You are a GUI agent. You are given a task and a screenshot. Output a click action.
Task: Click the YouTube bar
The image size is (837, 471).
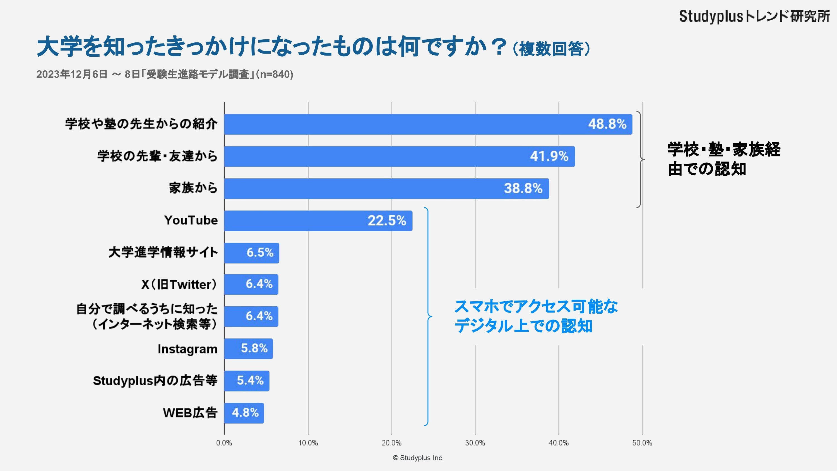point(318,221)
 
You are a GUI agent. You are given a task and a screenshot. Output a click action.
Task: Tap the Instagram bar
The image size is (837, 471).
point(249,349)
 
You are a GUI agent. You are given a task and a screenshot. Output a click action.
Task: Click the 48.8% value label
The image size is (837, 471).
point(607,124)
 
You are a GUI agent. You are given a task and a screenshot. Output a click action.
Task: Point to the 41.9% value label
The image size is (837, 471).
point(549,156)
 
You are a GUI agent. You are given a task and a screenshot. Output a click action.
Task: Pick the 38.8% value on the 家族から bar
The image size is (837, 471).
point(523,189)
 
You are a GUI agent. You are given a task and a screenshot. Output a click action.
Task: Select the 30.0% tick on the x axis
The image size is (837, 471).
point(475,443)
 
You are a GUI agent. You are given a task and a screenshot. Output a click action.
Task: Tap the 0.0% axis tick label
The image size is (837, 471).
point(224,443)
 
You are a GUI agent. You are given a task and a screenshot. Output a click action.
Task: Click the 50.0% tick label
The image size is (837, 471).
point(642,443)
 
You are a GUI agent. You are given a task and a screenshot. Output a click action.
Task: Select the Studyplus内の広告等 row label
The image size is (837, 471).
point(155,381)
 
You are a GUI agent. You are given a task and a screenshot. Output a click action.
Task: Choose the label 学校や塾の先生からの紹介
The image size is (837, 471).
point(141,124)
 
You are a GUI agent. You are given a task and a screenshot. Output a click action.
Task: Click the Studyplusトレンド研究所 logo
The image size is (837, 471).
point(754,16)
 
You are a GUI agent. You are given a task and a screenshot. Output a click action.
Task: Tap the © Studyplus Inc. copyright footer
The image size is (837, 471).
point(418,458)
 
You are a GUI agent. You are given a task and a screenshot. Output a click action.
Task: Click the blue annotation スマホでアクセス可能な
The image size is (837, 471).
point(536,307)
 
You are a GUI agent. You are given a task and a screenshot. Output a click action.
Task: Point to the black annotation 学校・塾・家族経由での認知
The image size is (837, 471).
point(724,159)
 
